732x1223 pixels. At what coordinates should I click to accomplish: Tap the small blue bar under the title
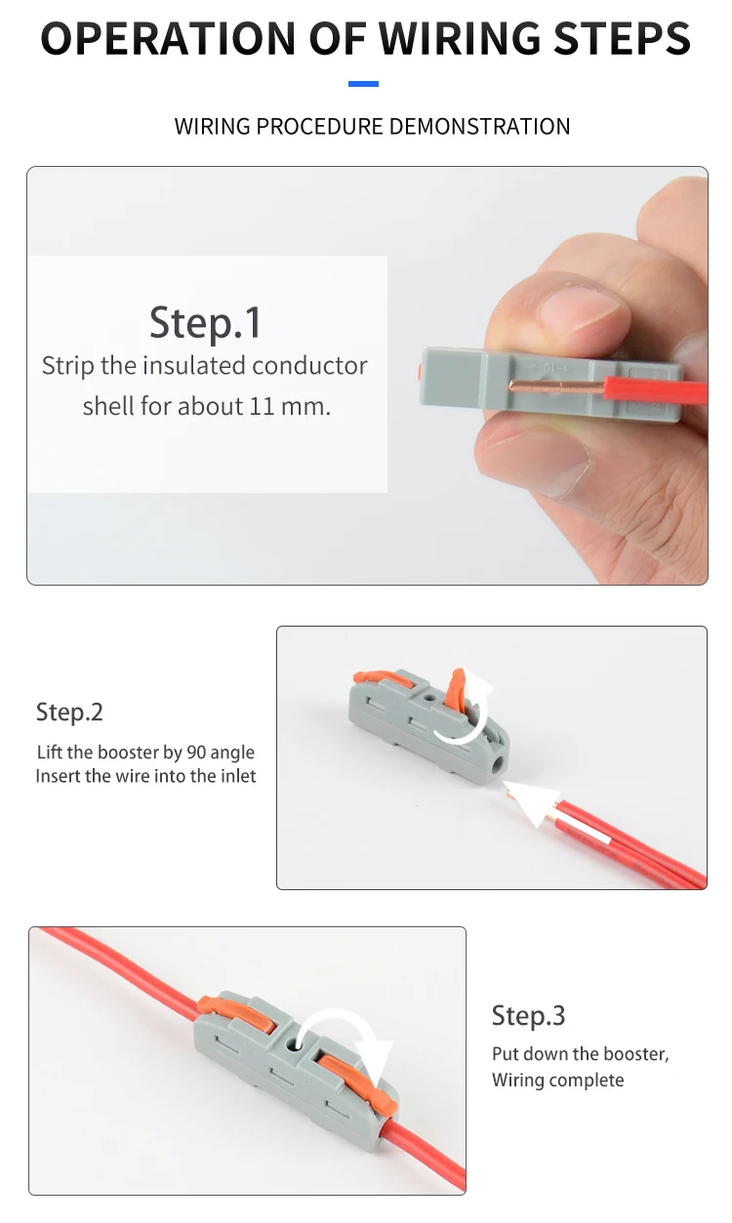[x=363, y=84]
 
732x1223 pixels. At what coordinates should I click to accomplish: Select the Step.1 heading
[x=205, y=322]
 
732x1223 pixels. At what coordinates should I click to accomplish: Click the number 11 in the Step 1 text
[x=262, y=406]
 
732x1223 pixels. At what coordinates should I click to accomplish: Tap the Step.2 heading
[x=69, y=712]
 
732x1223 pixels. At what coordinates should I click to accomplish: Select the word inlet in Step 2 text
[x=237, y=777]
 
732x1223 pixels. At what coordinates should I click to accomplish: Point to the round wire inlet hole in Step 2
[x=499, y=760]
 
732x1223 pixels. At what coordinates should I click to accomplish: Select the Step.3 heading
[x=528, y=1015]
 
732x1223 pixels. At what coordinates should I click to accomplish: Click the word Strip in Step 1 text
[x=67, y=366]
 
